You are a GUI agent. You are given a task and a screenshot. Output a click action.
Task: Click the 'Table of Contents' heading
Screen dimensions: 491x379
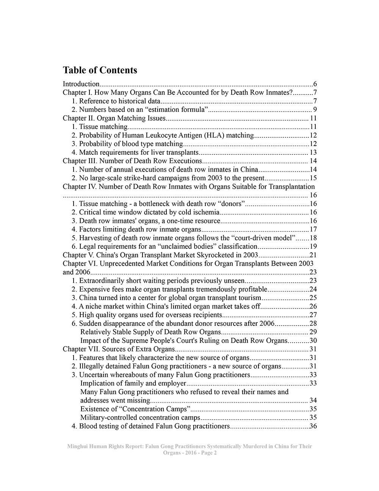[100, 70]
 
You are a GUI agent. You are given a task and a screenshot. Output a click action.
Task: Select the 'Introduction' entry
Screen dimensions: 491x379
[81, 84]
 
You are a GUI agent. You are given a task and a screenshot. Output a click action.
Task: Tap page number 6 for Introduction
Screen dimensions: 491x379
[315, 84]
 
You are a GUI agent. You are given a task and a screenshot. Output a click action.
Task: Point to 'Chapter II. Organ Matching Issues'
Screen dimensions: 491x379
[114, 118]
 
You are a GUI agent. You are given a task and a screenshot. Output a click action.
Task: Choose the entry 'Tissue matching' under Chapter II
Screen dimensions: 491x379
[103, 127]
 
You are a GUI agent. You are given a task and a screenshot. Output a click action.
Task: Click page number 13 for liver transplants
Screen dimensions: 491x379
[313, 153]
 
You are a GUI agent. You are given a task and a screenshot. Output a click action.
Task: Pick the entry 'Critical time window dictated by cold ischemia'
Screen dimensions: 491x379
[149, 212]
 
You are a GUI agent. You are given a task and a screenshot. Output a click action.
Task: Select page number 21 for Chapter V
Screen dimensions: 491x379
[313, 255]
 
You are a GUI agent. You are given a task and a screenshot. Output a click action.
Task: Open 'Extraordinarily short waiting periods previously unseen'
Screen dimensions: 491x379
[162, 281]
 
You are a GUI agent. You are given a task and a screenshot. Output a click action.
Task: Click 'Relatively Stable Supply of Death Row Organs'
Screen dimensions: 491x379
[150, 332]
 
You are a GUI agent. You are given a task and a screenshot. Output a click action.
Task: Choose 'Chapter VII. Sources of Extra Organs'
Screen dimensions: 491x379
[119, 349]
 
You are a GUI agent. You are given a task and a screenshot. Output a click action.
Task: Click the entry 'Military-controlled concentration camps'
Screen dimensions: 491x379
[140, 417]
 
